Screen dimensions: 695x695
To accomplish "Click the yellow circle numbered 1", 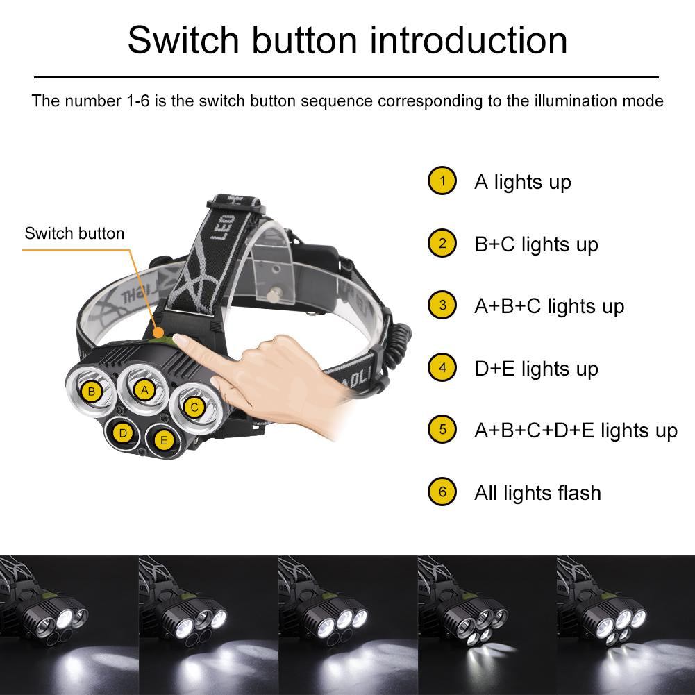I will click(x=442, y=181).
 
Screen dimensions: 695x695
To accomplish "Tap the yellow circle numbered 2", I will click(x=442, y=244).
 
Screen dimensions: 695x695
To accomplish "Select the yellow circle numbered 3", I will click(x=442, y=305).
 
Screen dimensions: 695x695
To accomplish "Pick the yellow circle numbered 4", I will click(x=442, y=368).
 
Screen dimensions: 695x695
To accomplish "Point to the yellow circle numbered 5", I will click(x=442, y=430).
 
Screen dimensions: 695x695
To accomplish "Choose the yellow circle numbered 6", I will click(x=442, y=492).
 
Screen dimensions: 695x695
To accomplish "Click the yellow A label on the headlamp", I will click(x=144, y=390).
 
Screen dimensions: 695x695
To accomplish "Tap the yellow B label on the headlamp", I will click(x=91, y=392).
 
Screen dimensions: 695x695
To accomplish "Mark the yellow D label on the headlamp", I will click(x=123, y=434).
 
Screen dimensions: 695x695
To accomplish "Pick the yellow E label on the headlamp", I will click(x=164, y=439).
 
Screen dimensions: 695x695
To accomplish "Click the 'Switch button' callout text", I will click(x=74, y=233).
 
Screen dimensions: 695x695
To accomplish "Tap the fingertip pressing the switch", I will click(x=182, y=340).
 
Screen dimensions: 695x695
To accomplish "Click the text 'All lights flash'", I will click(x=537, y=493).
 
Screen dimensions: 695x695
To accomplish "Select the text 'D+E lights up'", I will click(x=536, y=369).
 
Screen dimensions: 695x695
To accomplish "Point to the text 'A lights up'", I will click(x=522, y=182).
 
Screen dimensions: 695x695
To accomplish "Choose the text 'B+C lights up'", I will click(x=536, y=244).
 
